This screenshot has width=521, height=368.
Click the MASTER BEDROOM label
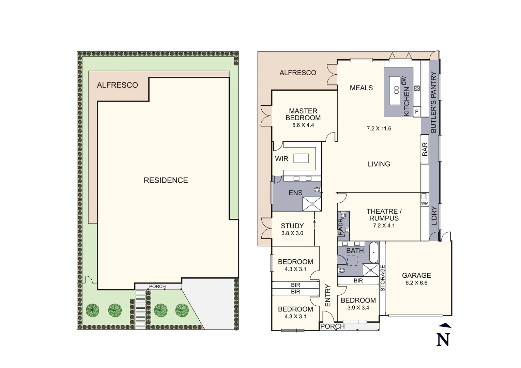pyautogui.click(x=303, y=114)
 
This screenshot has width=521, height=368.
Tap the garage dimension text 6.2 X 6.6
pyautogui.click(x=416, y=283)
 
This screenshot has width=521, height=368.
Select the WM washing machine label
pyautogui.click(x=425, y=203)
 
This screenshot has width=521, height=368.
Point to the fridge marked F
pyautogui.click(x=416, y=111)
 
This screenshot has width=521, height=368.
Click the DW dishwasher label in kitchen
pyautogui.click(x=404, y=81)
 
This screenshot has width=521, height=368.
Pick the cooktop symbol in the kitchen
pyautogui.click(x=417, y=89)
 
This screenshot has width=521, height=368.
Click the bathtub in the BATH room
pyautogui.click(x=374, y=252)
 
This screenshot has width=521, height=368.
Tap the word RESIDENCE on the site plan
pyautogui.click(x=166, y=180)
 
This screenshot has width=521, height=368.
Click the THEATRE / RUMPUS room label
pyautogui.click(x=384, y=215)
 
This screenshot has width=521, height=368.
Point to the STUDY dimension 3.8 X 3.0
pyautogui.click(x=292, y=233)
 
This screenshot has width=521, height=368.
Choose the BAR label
pyautogui.click(x=425, y=150)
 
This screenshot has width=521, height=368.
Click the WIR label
pyautogui.click(x=281, y=159)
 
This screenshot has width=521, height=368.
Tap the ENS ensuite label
pyautogui.click(x=295, y=193)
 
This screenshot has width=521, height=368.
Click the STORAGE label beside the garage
pyautogui.click(x=382, y=278)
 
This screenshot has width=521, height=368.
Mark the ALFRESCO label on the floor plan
pyautogui.click(x=298, y=73)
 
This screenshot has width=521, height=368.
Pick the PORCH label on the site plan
pyautogui.click(x=157, y=287)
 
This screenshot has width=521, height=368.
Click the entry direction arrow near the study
pyautogui.click(x=314, y=221)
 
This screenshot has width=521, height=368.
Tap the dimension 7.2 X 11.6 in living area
pyautogui.click(x=379, y=128)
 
